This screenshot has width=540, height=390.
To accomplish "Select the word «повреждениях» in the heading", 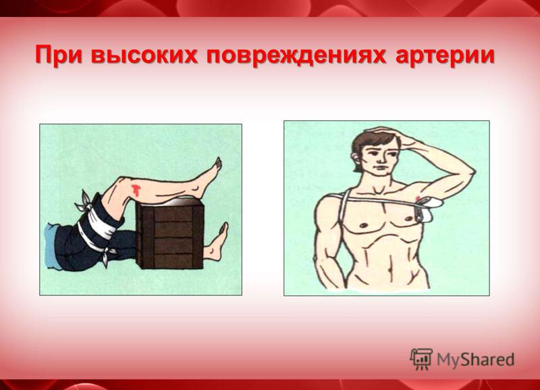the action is (x=296, y=55).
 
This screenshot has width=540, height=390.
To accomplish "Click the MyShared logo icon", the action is (x=421, y=360).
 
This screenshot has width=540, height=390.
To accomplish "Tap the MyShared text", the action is (x=476, y=360).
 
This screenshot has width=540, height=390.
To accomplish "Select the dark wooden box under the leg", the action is (x=170, y=235).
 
